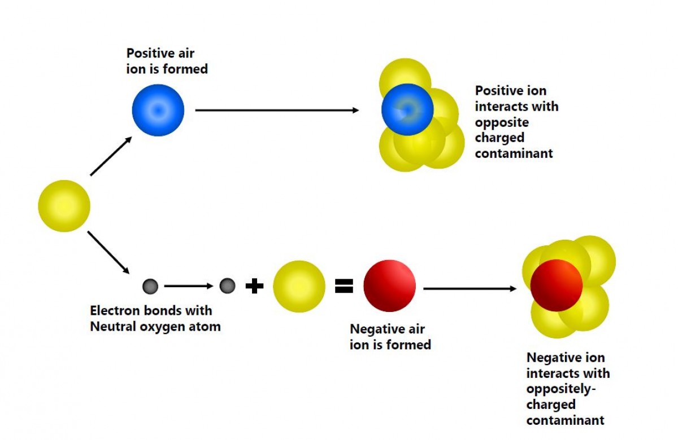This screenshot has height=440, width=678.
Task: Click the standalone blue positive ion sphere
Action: [158, 110]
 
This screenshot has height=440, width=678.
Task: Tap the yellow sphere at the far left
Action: [64, 206]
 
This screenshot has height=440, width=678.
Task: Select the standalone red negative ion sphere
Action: [389, 286]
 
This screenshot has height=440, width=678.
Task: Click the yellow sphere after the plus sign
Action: [299, 287]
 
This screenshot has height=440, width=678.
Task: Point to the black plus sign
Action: [255, 287]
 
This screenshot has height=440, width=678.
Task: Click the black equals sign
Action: [344, 287]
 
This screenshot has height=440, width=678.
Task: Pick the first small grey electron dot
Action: [150, 287]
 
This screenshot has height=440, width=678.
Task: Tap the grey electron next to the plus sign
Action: [227, 286]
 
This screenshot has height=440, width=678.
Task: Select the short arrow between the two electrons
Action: [189, 287]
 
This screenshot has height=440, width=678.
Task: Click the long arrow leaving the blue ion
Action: [277, 110]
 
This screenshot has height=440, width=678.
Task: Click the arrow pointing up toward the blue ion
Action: [111, 156]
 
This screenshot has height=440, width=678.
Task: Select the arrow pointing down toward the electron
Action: [108, 252]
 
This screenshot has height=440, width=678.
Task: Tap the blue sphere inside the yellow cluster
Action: [407, 109]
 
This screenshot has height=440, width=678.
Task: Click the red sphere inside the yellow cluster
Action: [556, 285]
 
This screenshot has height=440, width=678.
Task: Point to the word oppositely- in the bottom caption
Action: [562, 389]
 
